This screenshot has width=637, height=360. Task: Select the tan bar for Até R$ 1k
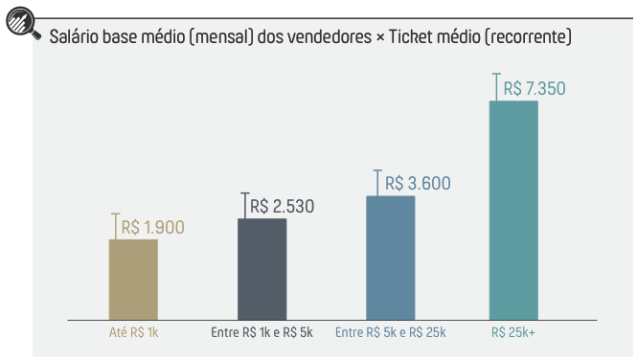pos(133,279)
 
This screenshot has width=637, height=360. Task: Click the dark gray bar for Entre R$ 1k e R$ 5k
pos(262,268)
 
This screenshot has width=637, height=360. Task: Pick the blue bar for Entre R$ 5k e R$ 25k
pos(390,257)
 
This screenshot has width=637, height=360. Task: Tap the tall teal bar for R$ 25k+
pos(513,209)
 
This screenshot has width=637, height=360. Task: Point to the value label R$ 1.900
pos(152,228)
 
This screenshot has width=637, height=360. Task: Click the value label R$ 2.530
pos(282,206)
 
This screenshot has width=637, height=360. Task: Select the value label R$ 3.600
pos(417,184)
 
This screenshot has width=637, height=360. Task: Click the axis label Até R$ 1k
pos(133,333)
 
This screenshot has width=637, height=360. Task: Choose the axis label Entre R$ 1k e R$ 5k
pos(262,333)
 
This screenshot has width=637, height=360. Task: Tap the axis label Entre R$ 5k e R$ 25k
pos(390,333)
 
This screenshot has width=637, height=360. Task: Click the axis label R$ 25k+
pos(513,333)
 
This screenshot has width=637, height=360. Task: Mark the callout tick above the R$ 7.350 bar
pos(495,86)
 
